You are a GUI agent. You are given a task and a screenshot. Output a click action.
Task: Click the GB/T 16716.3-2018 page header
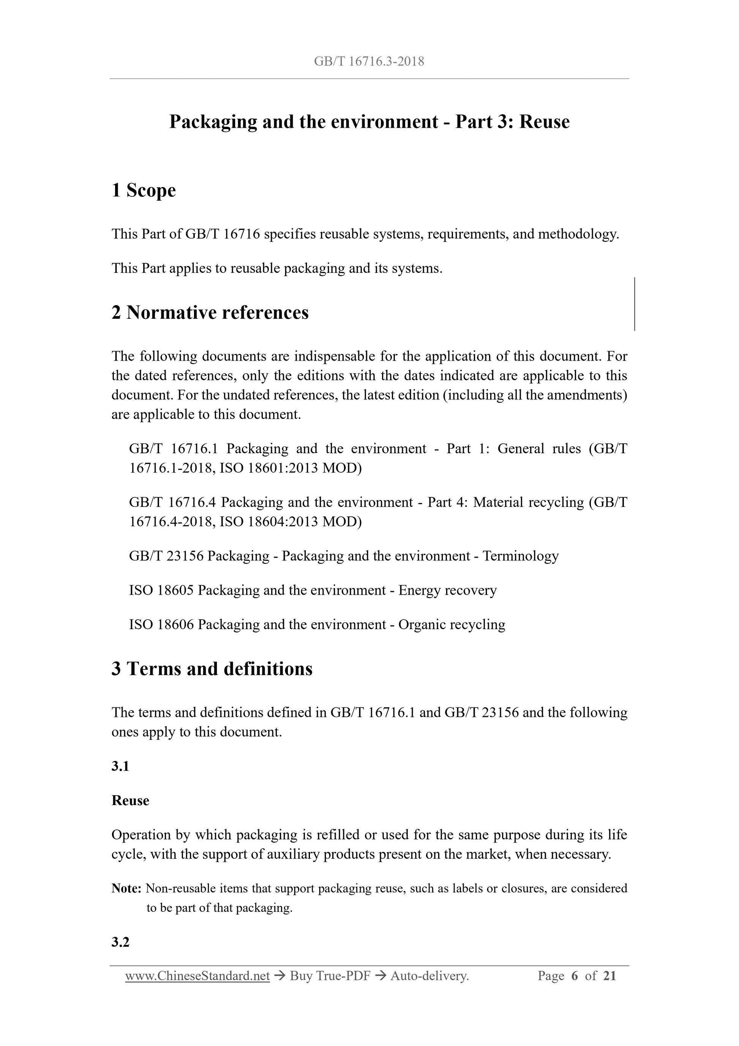pyautogui.click(x=369, y=62)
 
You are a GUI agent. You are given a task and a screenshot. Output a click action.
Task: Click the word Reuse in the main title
pyautogui.click(x=544, y=122)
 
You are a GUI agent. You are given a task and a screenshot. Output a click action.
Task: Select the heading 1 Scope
pyautogui.click(x=144, y=190)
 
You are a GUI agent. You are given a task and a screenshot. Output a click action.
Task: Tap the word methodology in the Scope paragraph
pyautogui.click(x=577, y=234)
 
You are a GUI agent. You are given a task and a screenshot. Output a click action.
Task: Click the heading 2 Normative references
pyautogui.click(x=210, y=313)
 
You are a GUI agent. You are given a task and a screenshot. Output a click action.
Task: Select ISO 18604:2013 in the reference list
pyautogui.click(x=268, y=521)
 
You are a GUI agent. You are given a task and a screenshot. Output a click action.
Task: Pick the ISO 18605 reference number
pyautogui.click(x=162, y=590)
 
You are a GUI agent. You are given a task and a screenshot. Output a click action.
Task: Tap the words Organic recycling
pyautogui.click(x=452, y=624)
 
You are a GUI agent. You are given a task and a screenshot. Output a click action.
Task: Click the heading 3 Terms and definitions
pyautogui.click(x=212, y=669)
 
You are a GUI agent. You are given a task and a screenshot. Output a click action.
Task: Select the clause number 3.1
pyautogui.click(x=120, y=766)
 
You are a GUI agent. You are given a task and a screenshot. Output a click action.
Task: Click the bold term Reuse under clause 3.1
pyautogui.click(x=130, y=801)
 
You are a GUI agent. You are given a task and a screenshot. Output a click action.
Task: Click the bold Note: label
pyautogui.click(x=126, y=888)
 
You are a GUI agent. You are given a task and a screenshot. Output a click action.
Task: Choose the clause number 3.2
pyautogui.click(x=120, y=942)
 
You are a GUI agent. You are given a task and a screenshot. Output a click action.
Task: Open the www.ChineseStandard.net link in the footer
pyautogui.click(x=197, y=975)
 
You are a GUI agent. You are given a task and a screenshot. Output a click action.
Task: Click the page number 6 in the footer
pyautogui.click(x=575, y=975)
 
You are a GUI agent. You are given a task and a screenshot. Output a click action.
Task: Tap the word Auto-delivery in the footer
pyautogui.click(x=430, y=975)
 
